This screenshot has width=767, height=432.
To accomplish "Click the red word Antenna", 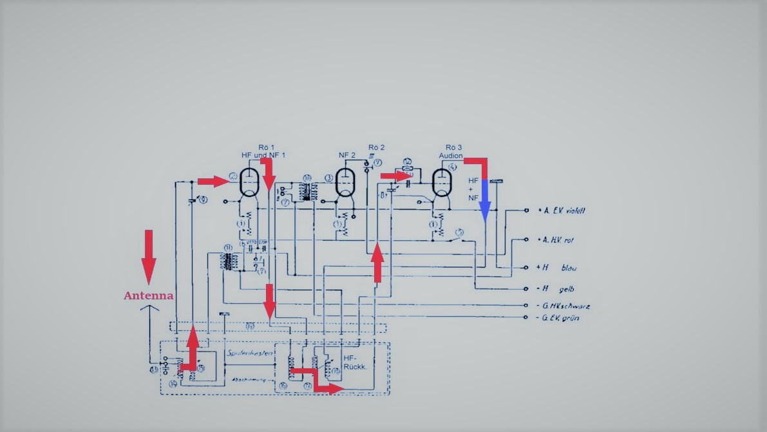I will coord(148,296).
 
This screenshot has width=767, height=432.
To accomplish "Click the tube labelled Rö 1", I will coord(249,182).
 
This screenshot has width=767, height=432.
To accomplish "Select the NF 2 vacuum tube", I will coord(346,182).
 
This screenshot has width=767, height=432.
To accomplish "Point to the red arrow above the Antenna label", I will coord(149,256).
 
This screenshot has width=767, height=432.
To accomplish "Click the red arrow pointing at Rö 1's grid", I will coord(213,182).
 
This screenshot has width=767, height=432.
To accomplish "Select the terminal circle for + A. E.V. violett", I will coord(527,211).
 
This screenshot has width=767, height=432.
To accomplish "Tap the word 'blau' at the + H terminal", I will coord(569,267).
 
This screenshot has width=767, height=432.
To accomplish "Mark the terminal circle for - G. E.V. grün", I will coord(527,317).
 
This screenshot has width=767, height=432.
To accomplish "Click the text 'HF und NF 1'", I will coord(263,155).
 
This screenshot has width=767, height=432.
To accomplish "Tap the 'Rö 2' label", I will coord(377,147).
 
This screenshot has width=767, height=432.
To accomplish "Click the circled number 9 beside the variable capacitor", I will coord(204,200).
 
